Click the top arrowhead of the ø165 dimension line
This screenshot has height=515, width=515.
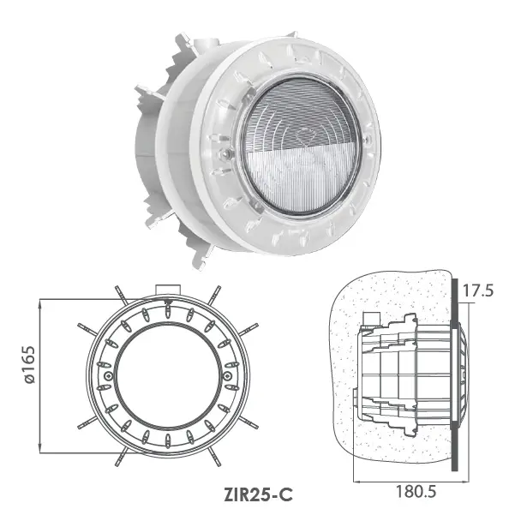click(x=41, y=302)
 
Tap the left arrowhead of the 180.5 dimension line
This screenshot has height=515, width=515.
click(x=354, y=482)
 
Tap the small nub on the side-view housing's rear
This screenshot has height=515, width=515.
click(x=354, y=396)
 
